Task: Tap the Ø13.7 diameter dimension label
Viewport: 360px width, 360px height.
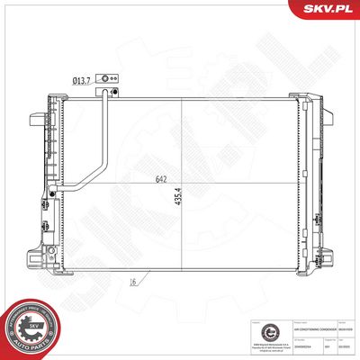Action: (x=82, y=80)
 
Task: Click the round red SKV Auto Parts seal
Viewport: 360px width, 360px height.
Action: (x=27, y=329)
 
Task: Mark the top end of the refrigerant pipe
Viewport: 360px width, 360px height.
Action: (x=112, y=91)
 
